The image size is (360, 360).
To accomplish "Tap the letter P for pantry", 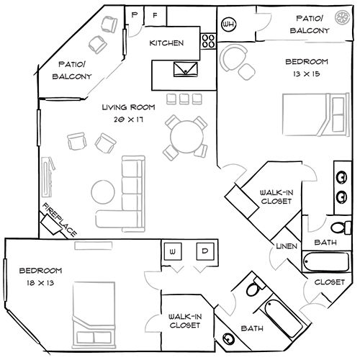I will pyautogui.click(x=134, y=15).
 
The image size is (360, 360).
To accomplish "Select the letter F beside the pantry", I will pyautogui.click(x=155, y=15).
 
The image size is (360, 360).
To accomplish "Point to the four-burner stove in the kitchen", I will pyautogui.click(x=209, y=40).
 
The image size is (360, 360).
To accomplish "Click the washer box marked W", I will pyautogui.click(x=174, y=251).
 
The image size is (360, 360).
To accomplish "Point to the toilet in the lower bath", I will pyautogui.click(x=253, y=292).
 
